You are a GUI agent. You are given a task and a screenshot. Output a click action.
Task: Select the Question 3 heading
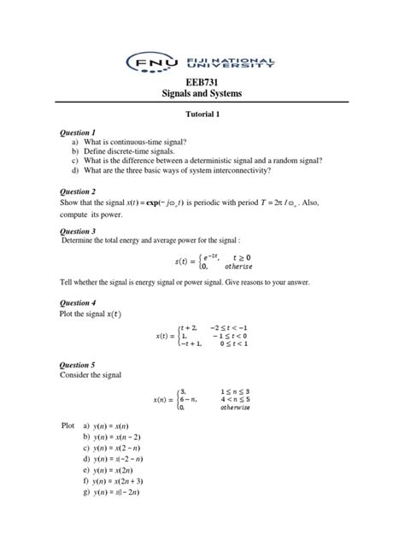77,231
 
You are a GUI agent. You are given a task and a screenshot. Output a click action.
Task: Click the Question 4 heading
77,302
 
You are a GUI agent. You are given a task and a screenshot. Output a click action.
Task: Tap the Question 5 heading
77,364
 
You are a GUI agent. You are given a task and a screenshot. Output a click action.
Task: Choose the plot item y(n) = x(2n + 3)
127,505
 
